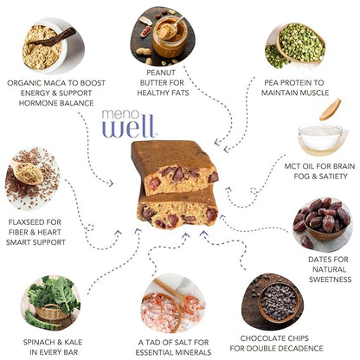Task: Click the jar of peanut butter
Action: tap(170, 37)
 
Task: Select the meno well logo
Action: tap(128, 123)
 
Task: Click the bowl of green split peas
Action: tap(301, 42)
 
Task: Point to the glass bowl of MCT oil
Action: tap(320, 138)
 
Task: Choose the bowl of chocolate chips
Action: tap(279, 302)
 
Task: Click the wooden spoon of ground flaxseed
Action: tap(27, 172)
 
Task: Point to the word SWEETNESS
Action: tap(330, 280)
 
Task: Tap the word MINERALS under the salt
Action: tap(192, 352)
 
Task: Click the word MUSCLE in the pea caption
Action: tap(314, 93)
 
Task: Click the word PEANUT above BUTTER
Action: tap(161, 73)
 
